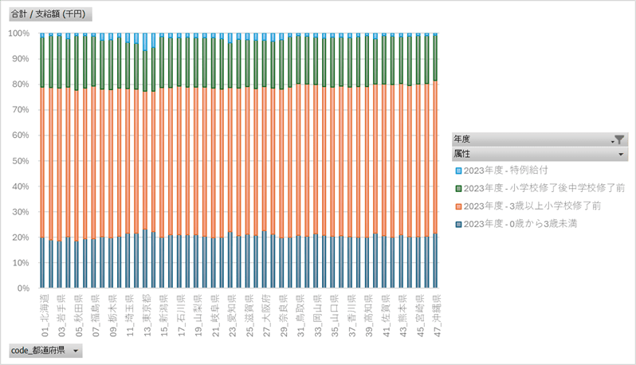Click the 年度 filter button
pos(619,139)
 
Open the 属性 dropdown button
pos(619,153)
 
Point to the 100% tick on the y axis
pos(19,33)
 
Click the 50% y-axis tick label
pos(22,161)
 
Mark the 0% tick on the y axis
pos(24,288)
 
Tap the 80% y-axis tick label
pos(22,84)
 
